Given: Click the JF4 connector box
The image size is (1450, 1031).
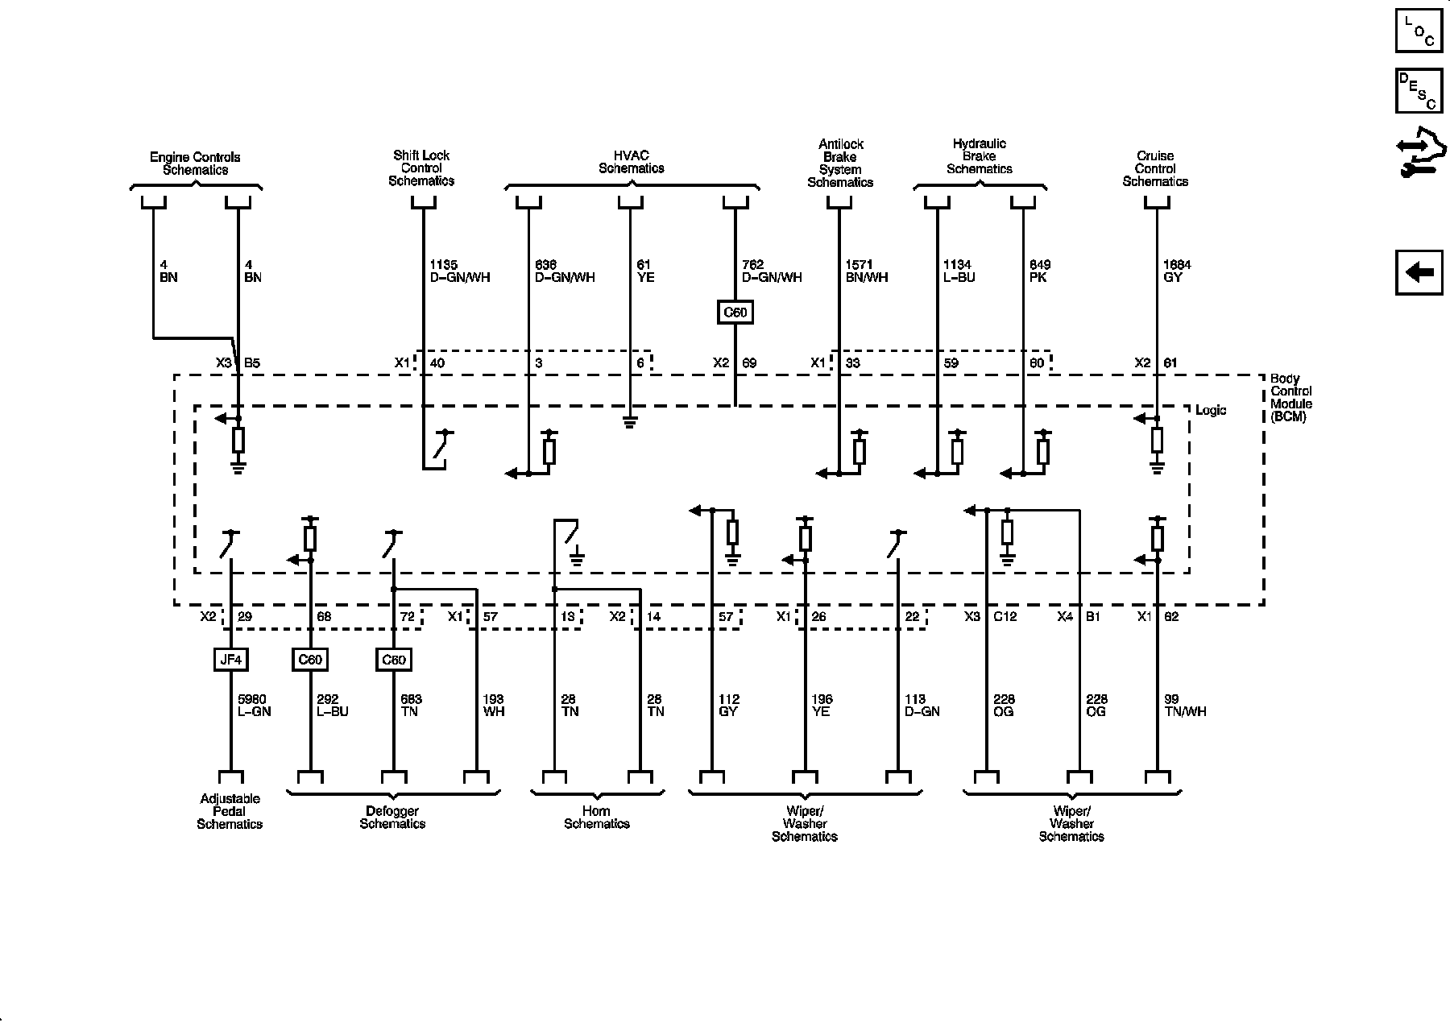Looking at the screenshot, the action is [x=230, y=660].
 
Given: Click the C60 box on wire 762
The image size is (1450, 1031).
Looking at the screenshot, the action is [x=735, y=312].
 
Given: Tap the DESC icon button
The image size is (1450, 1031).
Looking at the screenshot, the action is [x=1419, y=91].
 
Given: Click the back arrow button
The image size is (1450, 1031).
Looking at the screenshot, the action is [x=1419, y=273].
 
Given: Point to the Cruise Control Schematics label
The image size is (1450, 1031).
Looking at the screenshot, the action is [x=1155, y=169].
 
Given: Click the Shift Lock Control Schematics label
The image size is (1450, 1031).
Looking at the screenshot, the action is [x=421, y=168].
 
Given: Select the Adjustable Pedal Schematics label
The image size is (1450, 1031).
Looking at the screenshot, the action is [x=230, y=811].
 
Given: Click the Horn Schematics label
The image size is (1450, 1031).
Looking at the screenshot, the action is [x=596, y=817].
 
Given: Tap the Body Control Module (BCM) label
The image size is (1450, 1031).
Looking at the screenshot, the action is [x=1290, y=398].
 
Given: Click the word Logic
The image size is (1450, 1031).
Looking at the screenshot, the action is [x=1210, y=411].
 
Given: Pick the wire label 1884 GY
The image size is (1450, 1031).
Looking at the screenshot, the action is [x=1177, y=271].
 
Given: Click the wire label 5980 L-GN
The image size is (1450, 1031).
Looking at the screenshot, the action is [x=254, y=706].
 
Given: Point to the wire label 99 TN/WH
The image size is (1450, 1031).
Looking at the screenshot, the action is [x=1185, y=706].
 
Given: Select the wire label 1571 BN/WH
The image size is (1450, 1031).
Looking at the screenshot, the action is [x=866, y=271].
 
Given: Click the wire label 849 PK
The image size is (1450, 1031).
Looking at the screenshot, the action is [x=1040, y=271].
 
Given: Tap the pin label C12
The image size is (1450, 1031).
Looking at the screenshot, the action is [x=1005, y=617].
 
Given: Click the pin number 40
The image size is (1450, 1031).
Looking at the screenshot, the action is [x=437, y=363].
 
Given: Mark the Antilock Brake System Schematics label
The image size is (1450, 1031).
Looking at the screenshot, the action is [x=840, y=164].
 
